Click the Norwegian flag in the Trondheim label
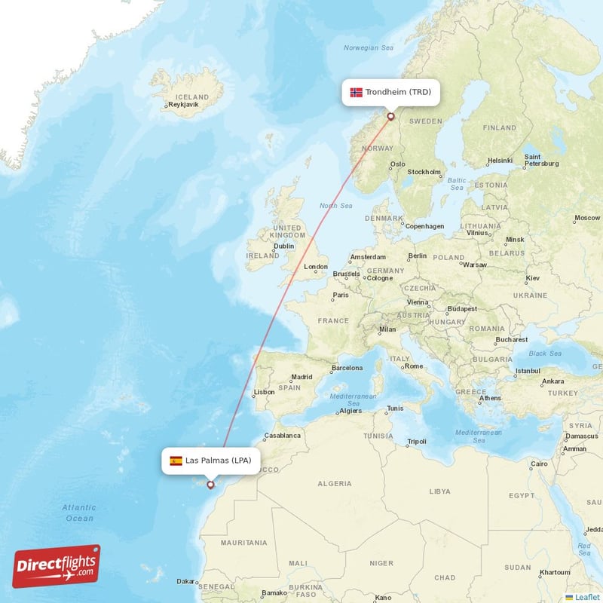pos(357,93)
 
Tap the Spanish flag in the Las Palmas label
pos(176,461)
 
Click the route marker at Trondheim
pos(390,116)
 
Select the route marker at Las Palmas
pos(210,485)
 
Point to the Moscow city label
pos(586,219)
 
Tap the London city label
pos(315,267)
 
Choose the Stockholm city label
pos(424,172)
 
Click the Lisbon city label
pos(264,392)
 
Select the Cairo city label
pos(539,464)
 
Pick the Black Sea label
pos(544,354)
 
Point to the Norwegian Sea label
pos(369,47)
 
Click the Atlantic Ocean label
pos(79,513)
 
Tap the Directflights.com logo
pos(57,565)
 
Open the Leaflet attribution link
pos(587,597)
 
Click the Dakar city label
pos(185,581)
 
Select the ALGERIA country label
pos(335,483)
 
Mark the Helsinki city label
pos(500,160)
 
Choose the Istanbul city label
pos(527,371)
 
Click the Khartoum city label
pos(556,572)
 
